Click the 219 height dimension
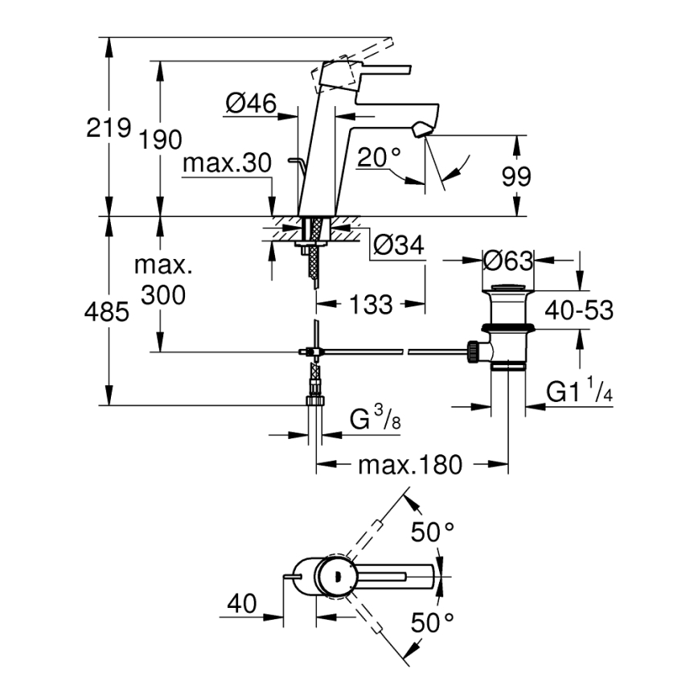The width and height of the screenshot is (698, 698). tap(109, 127)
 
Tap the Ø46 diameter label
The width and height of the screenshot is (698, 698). tap(250, 103)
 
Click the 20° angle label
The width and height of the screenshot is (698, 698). tap(379, 158)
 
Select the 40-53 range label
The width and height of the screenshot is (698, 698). tap(579, 310)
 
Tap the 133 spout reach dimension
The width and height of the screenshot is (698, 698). tap(371, 304)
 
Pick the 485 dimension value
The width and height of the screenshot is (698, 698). tap(107, 312)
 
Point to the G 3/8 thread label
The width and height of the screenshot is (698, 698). tap(373, 421)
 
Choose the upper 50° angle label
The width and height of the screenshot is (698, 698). tap(433, 532)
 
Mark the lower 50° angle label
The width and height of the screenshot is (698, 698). tap(433, 622)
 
